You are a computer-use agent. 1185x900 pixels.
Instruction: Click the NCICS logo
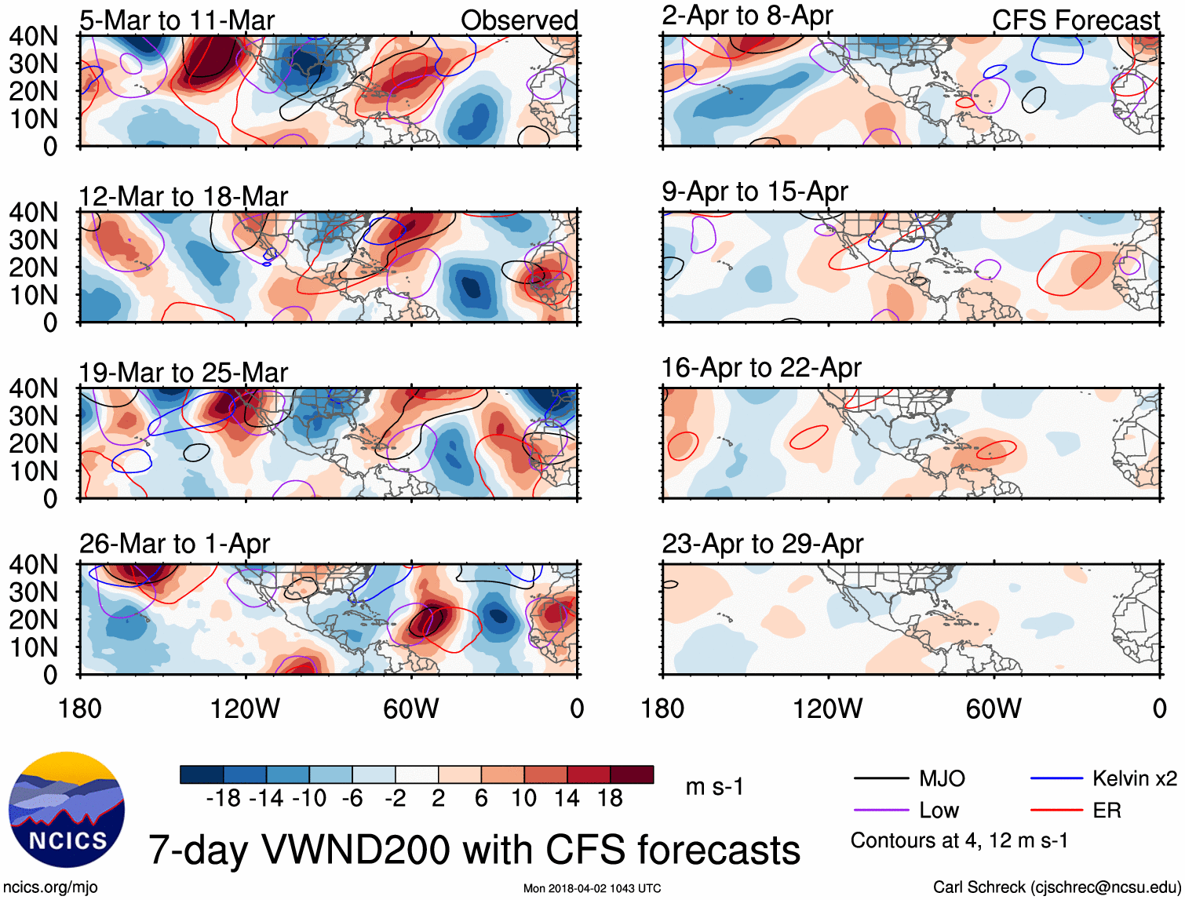click(67, 810)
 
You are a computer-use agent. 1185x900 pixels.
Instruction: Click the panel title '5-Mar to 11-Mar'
click(177, 20)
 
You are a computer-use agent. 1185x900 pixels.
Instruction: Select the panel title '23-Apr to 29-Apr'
click(762, 543)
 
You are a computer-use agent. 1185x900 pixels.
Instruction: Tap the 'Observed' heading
click(519, 20)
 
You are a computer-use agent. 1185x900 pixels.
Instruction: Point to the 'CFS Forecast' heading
click(1075, 20)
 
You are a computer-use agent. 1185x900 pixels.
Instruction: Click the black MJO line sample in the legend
click(881, 778)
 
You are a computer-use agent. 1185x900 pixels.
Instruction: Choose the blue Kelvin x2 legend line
click(1056, 778)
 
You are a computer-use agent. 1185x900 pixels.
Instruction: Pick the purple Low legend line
click(881, 811)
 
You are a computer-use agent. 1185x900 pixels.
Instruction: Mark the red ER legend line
click(1056, 811)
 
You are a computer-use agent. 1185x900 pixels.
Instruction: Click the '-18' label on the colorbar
click(223, 799)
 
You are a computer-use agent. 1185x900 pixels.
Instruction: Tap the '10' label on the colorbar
click(523, 799)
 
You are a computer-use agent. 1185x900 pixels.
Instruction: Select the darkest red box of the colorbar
click(632, 774)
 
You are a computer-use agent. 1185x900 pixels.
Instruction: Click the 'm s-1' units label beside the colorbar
click(714, 786)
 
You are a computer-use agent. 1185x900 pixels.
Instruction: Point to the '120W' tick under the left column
click(245, 709)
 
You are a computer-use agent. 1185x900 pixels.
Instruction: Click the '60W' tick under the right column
click(994, 709)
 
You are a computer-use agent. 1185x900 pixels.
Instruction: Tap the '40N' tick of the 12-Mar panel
click(33, 212)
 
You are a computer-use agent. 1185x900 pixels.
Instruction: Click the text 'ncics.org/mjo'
click(49, 887)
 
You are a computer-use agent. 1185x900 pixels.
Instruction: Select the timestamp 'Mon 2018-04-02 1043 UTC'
click(592, 888)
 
